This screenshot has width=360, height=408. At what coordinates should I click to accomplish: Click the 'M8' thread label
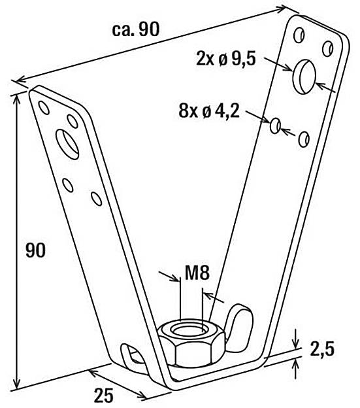pyautogui.click(x=195, y=272)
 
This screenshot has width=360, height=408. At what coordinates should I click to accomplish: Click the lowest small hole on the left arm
pyautogui.click(x=95, y=197)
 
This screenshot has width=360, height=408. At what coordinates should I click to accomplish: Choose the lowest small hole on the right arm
pyautogui.click(x=303, y=139)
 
